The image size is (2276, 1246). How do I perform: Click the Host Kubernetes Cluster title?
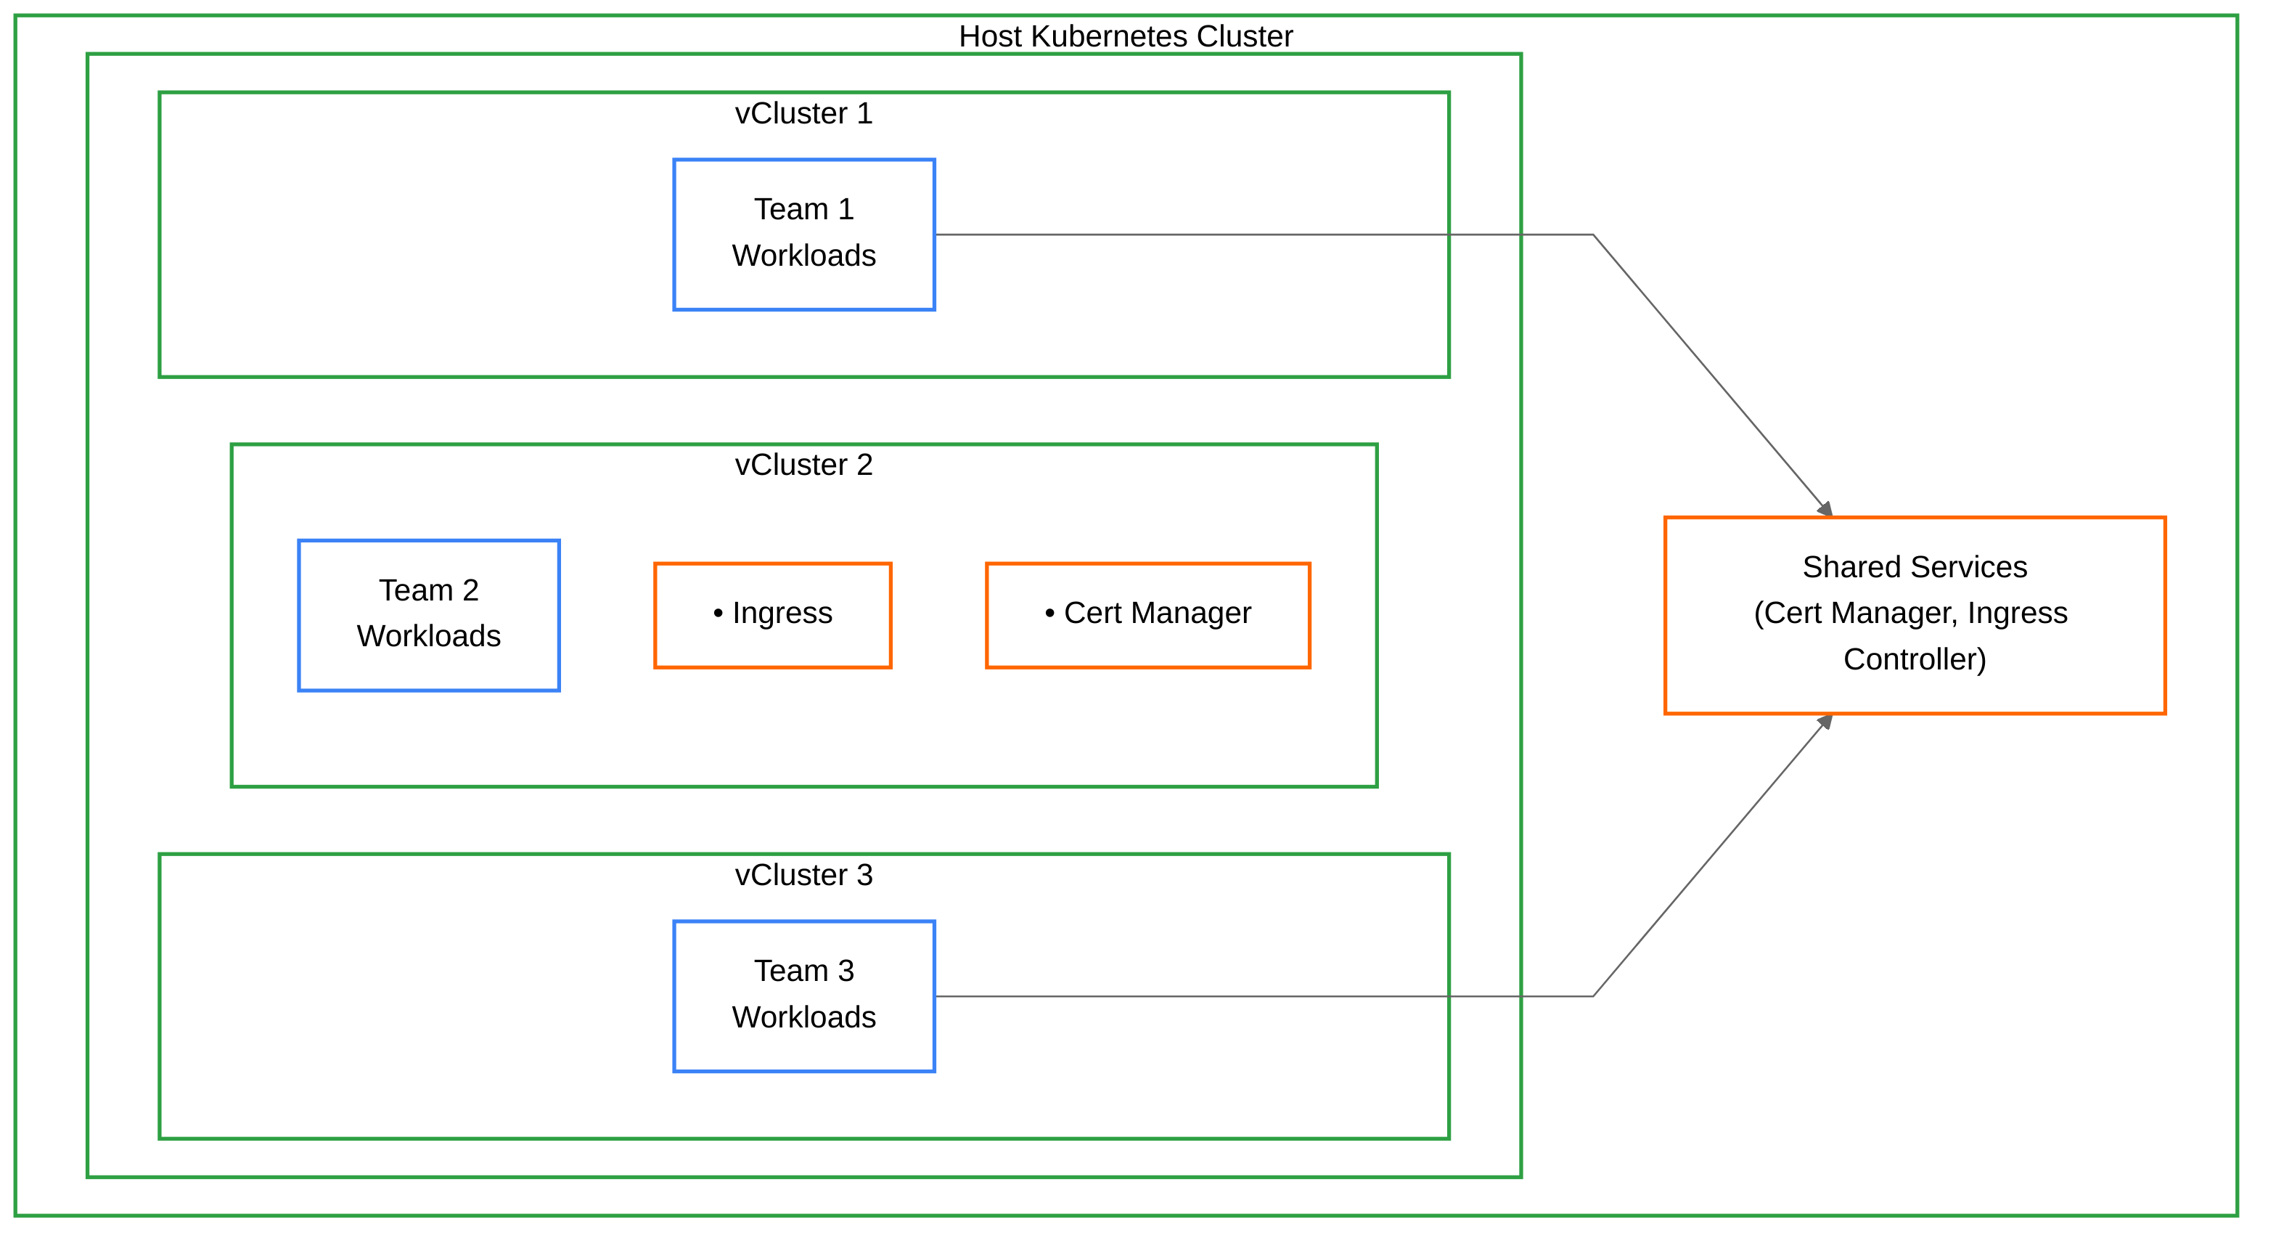[1125, 36]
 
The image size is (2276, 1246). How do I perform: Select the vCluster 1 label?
[803, 113]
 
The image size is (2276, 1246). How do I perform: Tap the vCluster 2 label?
[803, 465]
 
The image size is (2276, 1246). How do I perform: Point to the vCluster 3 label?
[803, 875]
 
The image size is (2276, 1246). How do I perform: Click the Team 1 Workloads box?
[803, 235]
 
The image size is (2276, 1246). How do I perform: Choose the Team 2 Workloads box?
[428, 615]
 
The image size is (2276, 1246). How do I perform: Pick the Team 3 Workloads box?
[803, 996]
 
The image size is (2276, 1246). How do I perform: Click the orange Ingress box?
[772, 615]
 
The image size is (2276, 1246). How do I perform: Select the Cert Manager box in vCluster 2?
[1147, 615]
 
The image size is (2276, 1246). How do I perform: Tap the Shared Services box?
[1914, 615]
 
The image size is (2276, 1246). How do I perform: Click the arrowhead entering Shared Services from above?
[1825, 509]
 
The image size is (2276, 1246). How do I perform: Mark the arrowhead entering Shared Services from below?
[1825, 722]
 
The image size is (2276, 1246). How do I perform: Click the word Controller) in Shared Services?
[1914, 659]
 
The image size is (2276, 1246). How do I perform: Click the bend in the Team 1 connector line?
[1592, 235]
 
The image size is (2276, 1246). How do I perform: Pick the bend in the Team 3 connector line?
[1592, 996]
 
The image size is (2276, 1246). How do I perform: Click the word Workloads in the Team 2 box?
[428, 636]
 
